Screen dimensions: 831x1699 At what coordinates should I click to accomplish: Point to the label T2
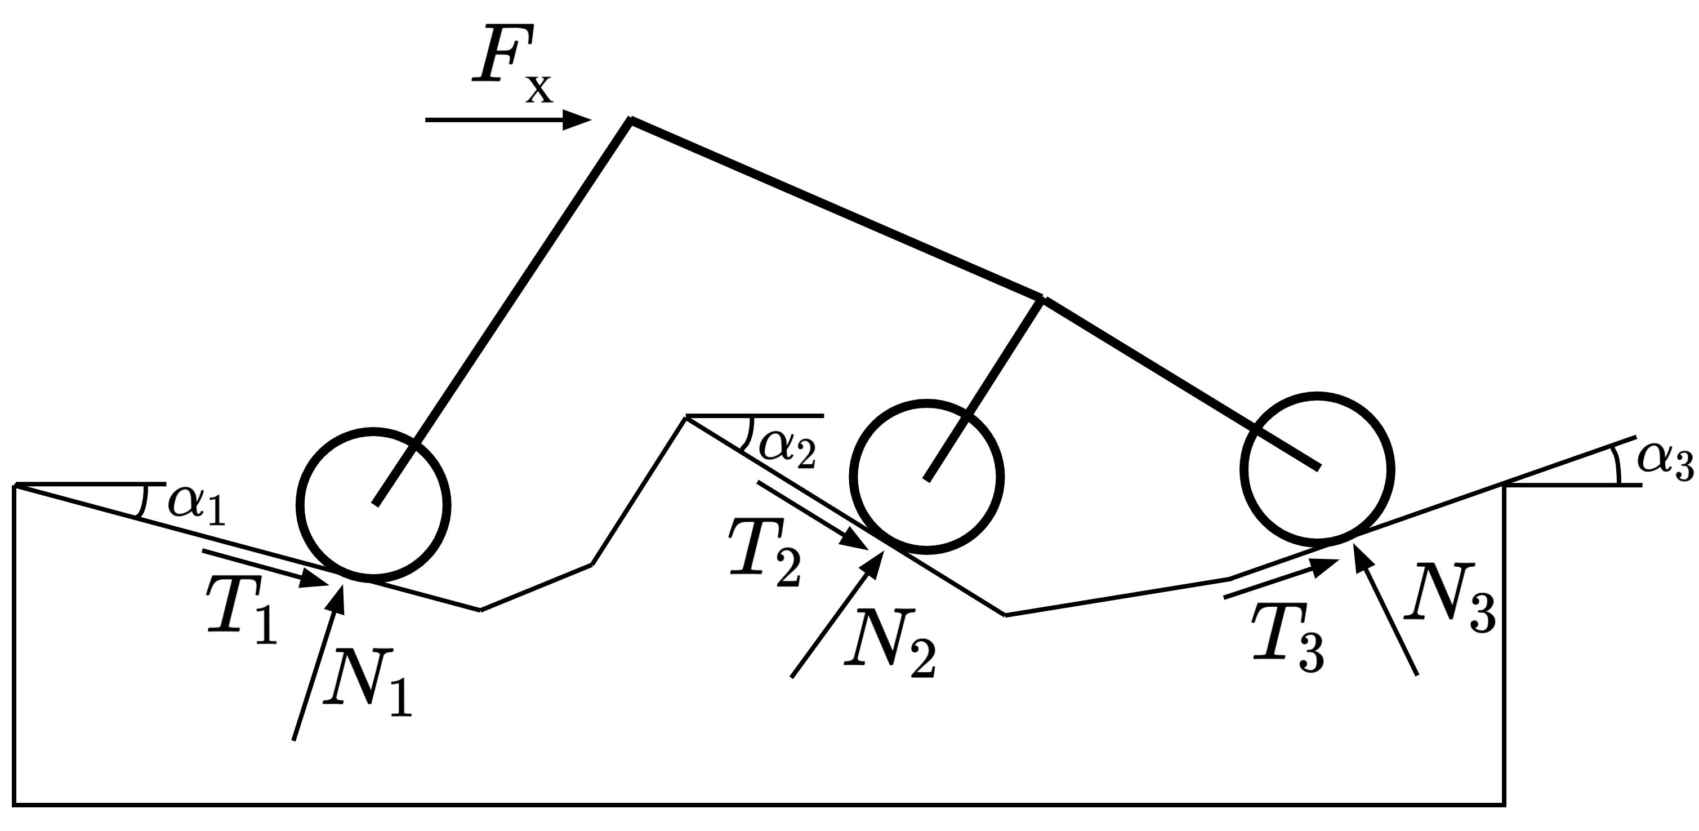pyautogui.click(x=765, y=553)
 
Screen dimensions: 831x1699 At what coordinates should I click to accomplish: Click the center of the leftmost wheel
pyautogui.click(x=374, y=504)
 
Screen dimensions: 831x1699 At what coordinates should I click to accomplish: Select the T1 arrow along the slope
pyautogui.click(x=264, y=567)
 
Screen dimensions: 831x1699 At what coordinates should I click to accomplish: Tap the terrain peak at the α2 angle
pyautogui.click(x=686, y=416)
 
